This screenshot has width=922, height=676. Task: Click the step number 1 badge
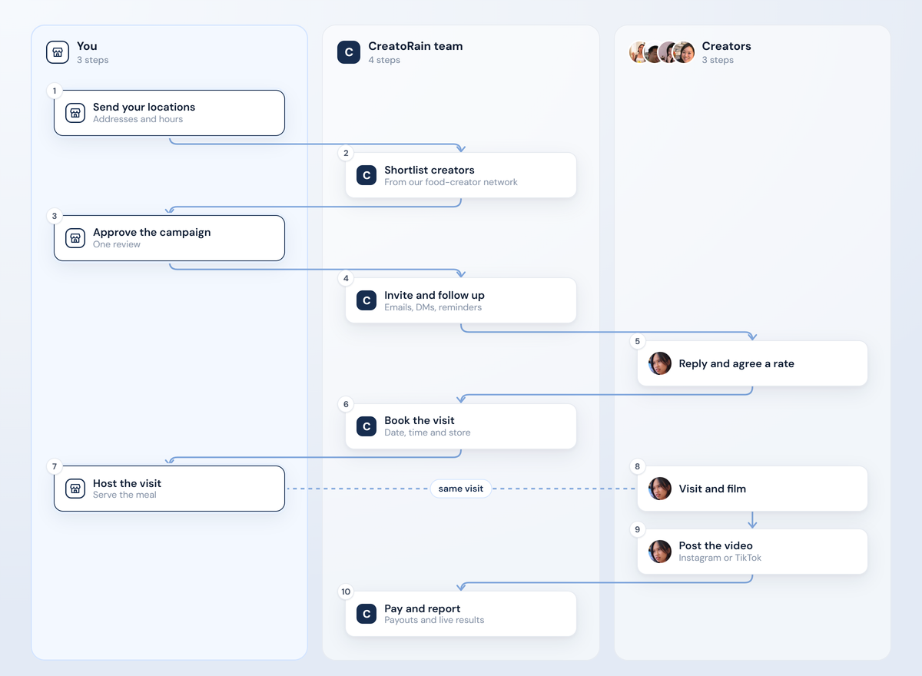click(55, 91)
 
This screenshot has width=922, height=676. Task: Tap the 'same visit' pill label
click(460, 489)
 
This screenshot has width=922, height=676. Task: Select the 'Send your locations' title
click(144, 107)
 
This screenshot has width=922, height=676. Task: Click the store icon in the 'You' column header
click(58, 52)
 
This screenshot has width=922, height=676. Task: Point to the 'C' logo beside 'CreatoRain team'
click(349, 52)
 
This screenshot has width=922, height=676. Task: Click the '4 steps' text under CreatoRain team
click(384, 60)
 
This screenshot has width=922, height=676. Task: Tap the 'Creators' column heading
click(727, 46)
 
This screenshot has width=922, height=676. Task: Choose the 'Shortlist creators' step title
click(429, 170)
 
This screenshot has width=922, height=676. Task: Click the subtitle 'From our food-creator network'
click(451, 182)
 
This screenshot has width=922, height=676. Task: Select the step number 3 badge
click(55, 216)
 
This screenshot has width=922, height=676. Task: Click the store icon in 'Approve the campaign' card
click(75, 238)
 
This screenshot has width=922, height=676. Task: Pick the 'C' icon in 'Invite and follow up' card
click(366, 300)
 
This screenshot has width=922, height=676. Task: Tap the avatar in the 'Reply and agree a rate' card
click(660, 363)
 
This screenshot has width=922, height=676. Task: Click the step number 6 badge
click(346, 404)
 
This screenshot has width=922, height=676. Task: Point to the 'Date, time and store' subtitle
click(427, 432)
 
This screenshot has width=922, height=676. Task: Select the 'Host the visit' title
click(127, 483)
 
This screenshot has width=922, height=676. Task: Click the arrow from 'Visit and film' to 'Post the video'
click(752, 519)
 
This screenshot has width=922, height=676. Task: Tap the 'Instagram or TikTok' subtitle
click(720, 558)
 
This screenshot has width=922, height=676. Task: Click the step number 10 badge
click(346, 591)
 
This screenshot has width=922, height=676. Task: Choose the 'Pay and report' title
click(423, 608)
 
